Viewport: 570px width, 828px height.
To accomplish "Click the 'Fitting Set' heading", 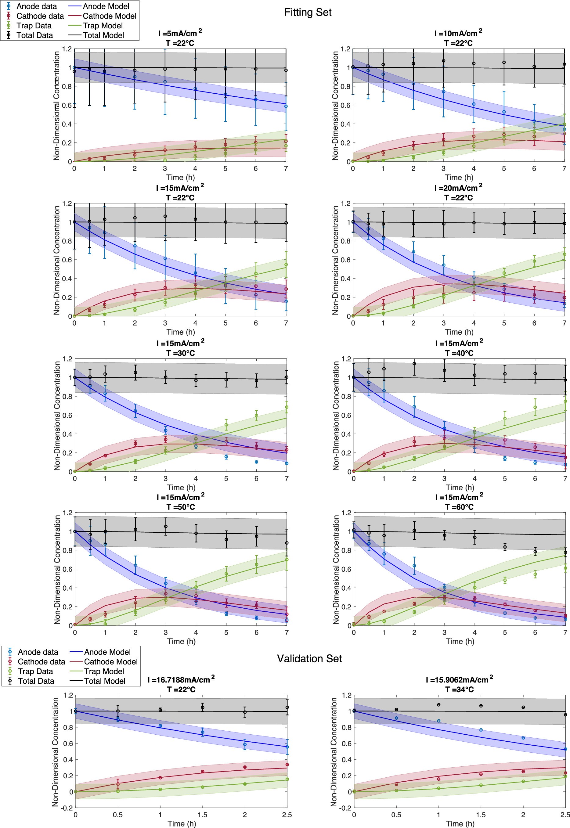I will (308, 13).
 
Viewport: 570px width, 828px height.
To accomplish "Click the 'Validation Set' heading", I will (309, 659).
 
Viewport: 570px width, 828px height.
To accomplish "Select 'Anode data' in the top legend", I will (36, 6).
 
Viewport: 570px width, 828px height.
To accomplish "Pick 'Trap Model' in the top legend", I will (103, 26).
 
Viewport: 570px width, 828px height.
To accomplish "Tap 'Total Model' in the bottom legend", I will (104, 681).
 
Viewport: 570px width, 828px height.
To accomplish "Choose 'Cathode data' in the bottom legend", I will (41, 662).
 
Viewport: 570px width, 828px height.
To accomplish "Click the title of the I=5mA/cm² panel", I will (180, 38).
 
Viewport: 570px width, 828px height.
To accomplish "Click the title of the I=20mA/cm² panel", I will (458, 193).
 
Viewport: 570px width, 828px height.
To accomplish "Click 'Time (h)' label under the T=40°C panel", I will (460, 488).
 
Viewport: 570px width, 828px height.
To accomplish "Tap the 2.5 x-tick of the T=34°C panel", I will (565, 815).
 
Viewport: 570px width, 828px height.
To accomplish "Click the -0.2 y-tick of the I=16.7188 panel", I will (68, 808).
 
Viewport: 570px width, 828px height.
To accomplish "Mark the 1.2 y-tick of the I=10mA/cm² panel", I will (345, 49).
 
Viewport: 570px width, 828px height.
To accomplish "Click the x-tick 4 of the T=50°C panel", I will (196, 632).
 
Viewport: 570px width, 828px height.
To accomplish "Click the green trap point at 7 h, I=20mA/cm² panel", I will (565, 254).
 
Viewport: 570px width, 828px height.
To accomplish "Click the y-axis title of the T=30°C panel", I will (57, 415).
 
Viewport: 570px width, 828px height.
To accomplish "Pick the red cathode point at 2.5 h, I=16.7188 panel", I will (287, 765).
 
